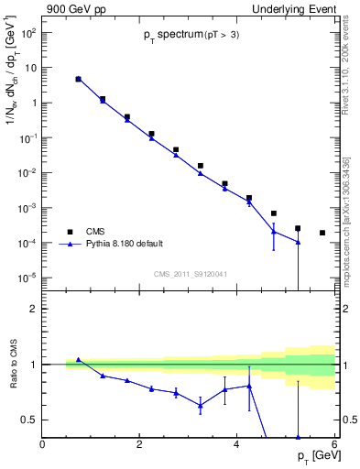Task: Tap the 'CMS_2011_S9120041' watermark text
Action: pos(190,274)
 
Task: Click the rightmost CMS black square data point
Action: pos(322,233)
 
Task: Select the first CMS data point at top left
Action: pos(78,80)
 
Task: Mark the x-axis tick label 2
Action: pos(139,444)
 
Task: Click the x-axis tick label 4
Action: pos(237,444)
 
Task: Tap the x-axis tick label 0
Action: pos(42,444)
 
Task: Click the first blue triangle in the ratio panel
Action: pos(78,360)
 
